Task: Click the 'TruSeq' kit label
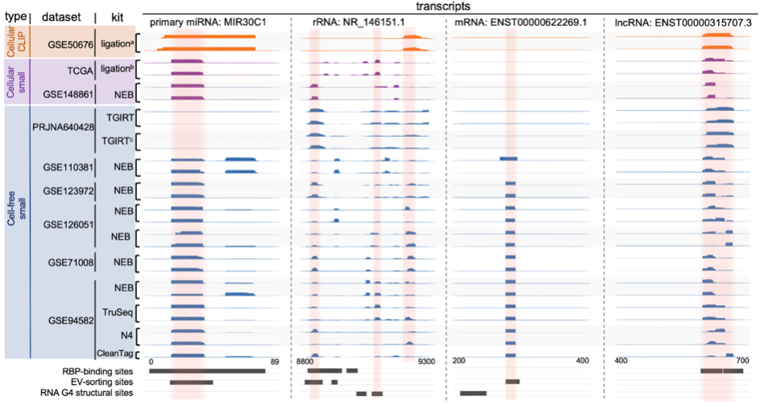tap(118, 311)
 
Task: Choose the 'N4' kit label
tap(123, 333)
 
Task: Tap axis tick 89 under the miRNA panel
tap(275, 362)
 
